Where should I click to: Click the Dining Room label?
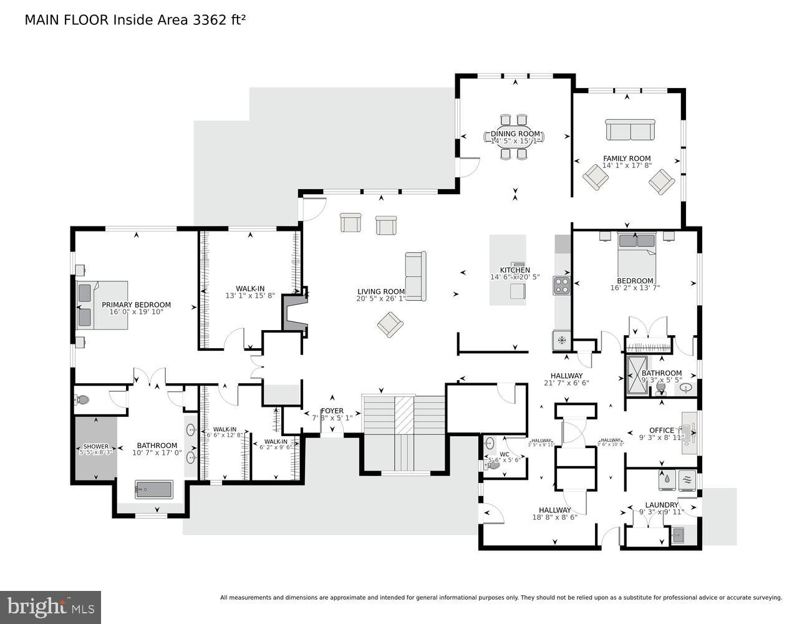[x=515, y=134]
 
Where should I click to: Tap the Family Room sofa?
[x=630, y=130]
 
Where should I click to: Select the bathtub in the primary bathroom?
[x=153, y=489]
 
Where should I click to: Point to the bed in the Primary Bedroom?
[x=102, y=305]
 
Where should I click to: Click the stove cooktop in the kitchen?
[x=561, y=286]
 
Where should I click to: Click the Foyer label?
[x=332, y=411]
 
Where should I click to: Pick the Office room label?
[x=661, y=430]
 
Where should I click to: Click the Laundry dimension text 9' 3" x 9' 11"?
[x=661, y=512]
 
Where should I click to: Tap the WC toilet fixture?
[x=492, y=465]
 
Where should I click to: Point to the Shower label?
[x=96, y=447]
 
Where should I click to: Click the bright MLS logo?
[x=51, y=607]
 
